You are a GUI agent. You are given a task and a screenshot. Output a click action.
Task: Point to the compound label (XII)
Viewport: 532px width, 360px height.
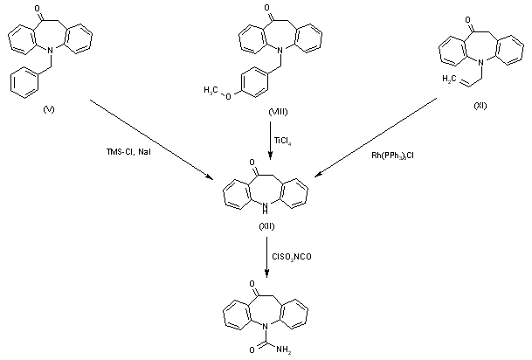[268, 225]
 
